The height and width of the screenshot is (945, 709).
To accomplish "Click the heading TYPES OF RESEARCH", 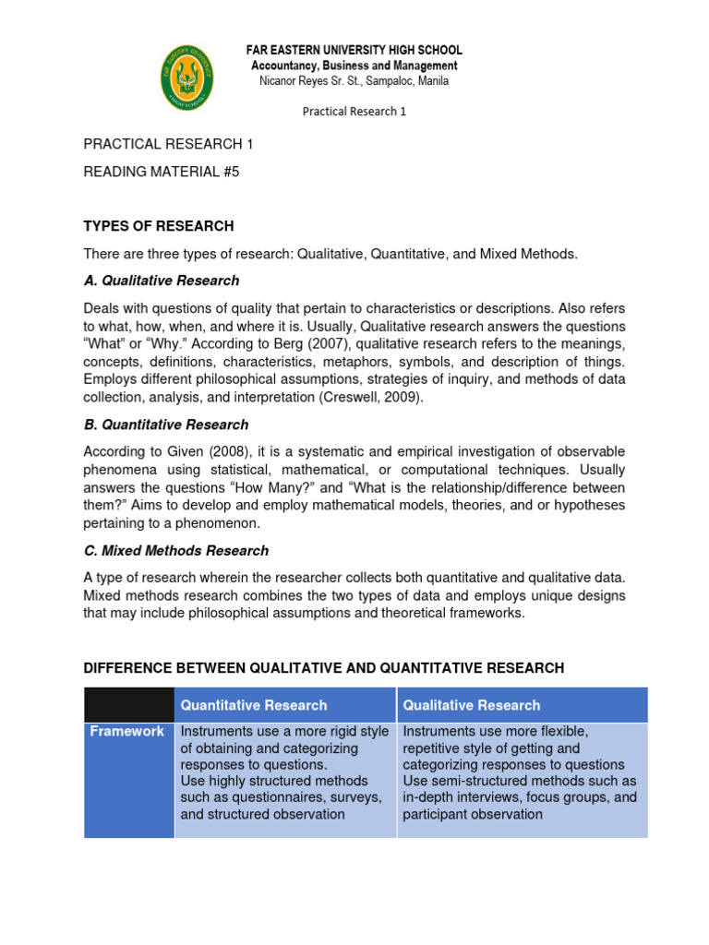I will (159, 226).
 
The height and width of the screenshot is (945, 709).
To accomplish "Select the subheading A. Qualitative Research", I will (162, 281).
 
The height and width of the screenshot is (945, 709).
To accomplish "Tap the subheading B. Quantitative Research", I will (166, 425).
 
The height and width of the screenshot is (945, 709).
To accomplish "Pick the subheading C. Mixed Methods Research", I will (176, 550).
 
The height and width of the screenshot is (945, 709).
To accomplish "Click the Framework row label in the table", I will (127, 732).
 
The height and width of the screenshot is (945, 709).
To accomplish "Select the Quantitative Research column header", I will (254, 705).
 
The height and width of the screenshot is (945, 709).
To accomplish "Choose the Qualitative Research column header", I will (472, 705).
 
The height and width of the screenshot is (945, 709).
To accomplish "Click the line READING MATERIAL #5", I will (162, 172).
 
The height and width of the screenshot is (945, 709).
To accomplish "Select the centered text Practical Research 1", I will (354, 112).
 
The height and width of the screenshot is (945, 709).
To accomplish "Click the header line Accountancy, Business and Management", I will (354, 66).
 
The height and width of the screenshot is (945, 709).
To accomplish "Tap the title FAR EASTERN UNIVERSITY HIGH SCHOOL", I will (354, 50).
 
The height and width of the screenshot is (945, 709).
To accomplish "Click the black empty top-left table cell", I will (128, 705).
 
